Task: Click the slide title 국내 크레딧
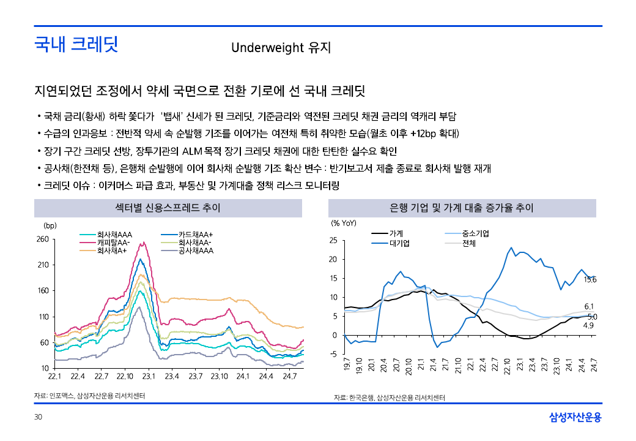(x=76, y=45)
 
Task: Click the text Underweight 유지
(x=281, y=47)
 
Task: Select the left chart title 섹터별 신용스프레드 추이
(x=168, y=208)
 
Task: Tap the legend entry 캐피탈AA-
(x=113, y=242)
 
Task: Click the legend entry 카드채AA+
(x=195, y=234)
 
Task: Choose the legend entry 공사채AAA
(x=196, y=250)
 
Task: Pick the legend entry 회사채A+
(x=112, y=250)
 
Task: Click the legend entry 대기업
(x=399, y=243)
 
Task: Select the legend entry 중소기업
(x=475, y=233)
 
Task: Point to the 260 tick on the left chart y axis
(x=42, y=239)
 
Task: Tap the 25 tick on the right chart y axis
(x=333, y=241)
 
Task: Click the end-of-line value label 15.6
(x=590, y=280)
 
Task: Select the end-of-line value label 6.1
(x=590, y=306)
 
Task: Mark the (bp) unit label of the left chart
(x=50, y=225)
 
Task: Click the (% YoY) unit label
(x=343, y=223)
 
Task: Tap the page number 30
(x=38, y=418)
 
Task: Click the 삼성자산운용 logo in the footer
(x=575, y=418)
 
